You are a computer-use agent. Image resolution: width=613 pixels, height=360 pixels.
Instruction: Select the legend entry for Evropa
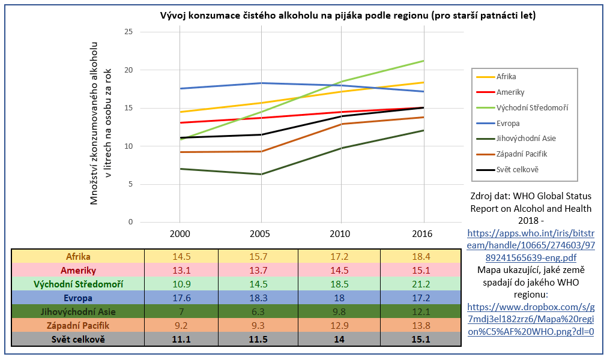pos(508,123)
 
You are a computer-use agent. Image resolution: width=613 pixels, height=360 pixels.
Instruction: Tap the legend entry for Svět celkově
pos(517,169)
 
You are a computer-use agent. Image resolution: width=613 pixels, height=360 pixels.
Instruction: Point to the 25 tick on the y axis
pos(128,32)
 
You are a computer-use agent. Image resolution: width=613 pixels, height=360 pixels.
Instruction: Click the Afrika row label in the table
pos(78,257)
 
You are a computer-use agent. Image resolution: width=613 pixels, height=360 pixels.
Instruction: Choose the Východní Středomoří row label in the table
pos(78,284)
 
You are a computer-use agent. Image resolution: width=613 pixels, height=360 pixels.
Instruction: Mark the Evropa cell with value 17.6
pos(181,298)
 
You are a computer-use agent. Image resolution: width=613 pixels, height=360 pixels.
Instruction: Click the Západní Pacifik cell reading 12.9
pos(340,325)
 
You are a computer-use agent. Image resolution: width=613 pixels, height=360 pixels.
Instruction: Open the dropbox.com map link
pos(530,319)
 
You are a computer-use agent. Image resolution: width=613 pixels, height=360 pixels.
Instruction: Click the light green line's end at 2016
pos(423,61)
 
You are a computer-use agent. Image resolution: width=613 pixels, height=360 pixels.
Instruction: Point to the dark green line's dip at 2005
pos(261,174)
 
